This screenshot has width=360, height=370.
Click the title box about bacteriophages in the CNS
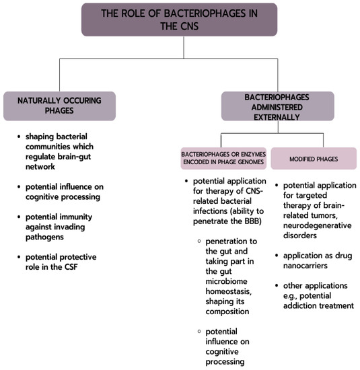click(x=179, y=20)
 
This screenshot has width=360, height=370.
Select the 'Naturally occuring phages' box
click(x=59, y=106)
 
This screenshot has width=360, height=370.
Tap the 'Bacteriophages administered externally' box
click(x=277, y=106)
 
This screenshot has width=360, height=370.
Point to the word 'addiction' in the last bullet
click(x=302, y=305)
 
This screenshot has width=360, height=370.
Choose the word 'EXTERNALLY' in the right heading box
click(x=277, y=116)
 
